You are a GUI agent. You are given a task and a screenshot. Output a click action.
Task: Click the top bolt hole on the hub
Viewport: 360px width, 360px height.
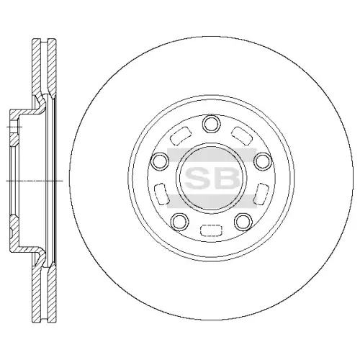coord(212,123)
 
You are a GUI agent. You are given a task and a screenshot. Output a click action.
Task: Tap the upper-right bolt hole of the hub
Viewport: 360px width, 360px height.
coord(263,161)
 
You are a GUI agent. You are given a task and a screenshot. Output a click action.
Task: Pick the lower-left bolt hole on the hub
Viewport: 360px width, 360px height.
coord(180,221)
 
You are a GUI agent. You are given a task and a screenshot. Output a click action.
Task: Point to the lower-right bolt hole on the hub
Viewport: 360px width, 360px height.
coord(243,221)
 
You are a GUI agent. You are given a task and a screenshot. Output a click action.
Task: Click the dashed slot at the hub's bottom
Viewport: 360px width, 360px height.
coord(211,230)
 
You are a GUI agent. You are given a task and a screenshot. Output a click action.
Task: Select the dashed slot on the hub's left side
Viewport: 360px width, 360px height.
coord(161,194)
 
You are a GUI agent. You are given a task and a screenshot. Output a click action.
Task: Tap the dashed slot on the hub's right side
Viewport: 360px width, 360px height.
coord(261,194)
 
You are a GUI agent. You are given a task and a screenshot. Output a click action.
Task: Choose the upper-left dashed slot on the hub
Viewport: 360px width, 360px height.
coord(181,136)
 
